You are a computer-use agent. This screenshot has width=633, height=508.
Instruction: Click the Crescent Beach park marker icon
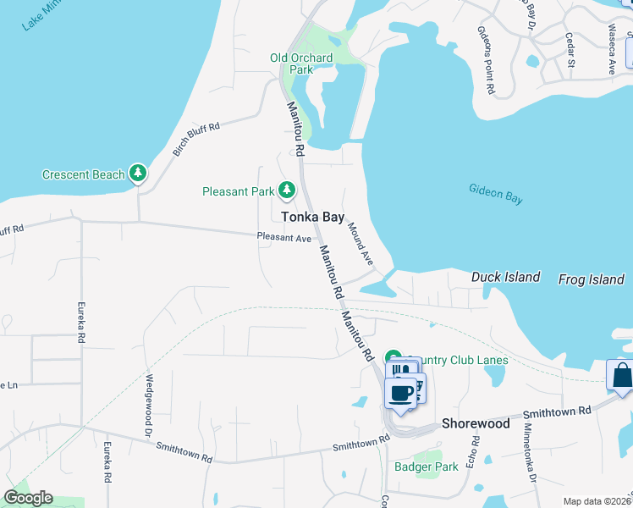(138, 174)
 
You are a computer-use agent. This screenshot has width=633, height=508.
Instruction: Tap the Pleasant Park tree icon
(287, 190)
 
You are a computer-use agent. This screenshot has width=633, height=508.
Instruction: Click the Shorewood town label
(476, 423)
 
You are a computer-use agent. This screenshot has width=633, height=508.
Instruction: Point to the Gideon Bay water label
(496, 193)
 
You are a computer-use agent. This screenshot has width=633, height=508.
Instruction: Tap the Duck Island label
(505, 278)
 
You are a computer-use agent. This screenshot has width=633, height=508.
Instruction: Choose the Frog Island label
(591, 279)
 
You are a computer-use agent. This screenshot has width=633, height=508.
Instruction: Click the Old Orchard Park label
(302, 64)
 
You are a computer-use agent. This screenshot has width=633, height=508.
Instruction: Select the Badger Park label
(427, 467)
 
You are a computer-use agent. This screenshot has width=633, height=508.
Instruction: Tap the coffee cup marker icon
(402, 393)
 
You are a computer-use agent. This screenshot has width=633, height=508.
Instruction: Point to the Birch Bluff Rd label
(196, 140)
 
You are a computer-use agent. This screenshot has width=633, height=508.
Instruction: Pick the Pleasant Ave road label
(284, 239)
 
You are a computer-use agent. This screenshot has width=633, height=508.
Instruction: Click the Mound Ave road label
(361, 244)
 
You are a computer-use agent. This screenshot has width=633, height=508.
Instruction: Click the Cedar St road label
(570, 50)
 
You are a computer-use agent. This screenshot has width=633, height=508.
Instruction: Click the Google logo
(28, 498)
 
